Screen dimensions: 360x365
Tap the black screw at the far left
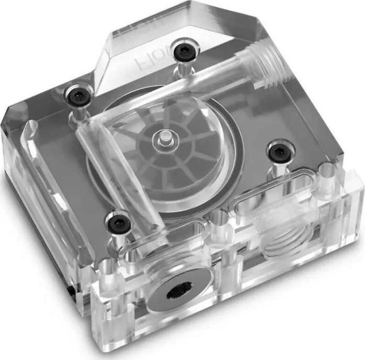tap(76, 96)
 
